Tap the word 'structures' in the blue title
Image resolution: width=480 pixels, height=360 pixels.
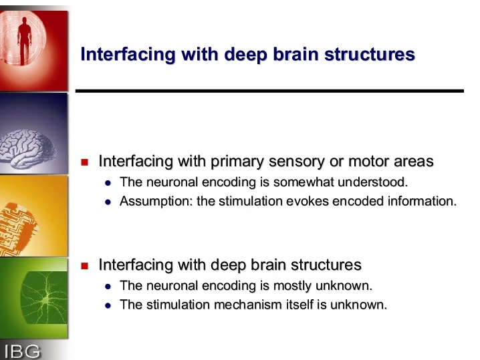(370, 54)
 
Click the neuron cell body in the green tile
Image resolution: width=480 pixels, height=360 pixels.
(46, 300)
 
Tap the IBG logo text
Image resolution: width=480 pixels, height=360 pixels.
(22, 351)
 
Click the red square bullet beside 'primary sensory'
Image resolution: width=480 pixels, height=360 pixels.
(84, 162)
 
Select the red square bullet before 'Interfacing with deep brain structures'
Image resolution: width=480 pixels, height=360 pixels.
(84, 266)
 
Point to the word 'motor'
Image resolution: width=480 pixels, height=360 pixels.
(368, 161)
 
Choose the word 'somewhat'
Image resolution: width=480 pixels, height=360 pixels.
(303, 182)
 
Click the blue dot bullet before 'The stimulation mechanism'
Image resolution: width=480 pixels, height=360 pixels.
(108, 306)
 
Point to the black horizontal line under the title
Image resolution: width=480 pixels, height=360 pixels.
(269, 91)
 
